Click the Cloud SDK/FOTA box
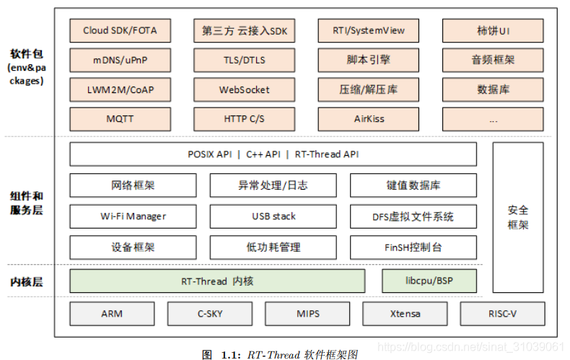[120, 31]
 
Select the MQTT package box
[120, 118]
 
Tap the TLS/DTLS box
[244, 61]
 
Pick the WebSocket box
[244, 89]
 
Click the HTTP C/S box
[244, 118]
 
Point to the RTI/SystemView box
[369, 31]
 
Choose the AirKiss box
[369, 118]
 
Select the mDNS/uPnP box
[120, 61]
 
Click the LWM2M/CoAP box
[120, 89]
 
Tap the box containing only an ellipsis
[493, 118]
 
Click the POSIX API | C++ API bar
[273, 154]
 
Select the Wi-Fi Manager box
[133, 216]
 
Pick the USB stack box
[273, 216]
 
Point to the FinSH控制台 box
[413, 247]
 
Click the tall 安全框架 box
[518, 217]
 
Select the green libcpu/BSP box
[429, 281]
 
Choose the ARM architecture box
[111, 314]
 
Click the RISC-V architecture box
[502, 314]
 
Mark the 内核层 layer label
[27, 281]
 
